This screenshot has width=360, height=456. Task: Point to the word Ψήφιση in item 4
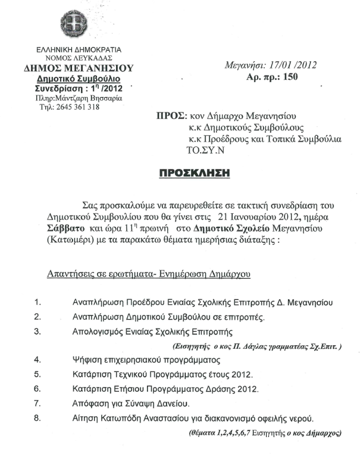point(86,360)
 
